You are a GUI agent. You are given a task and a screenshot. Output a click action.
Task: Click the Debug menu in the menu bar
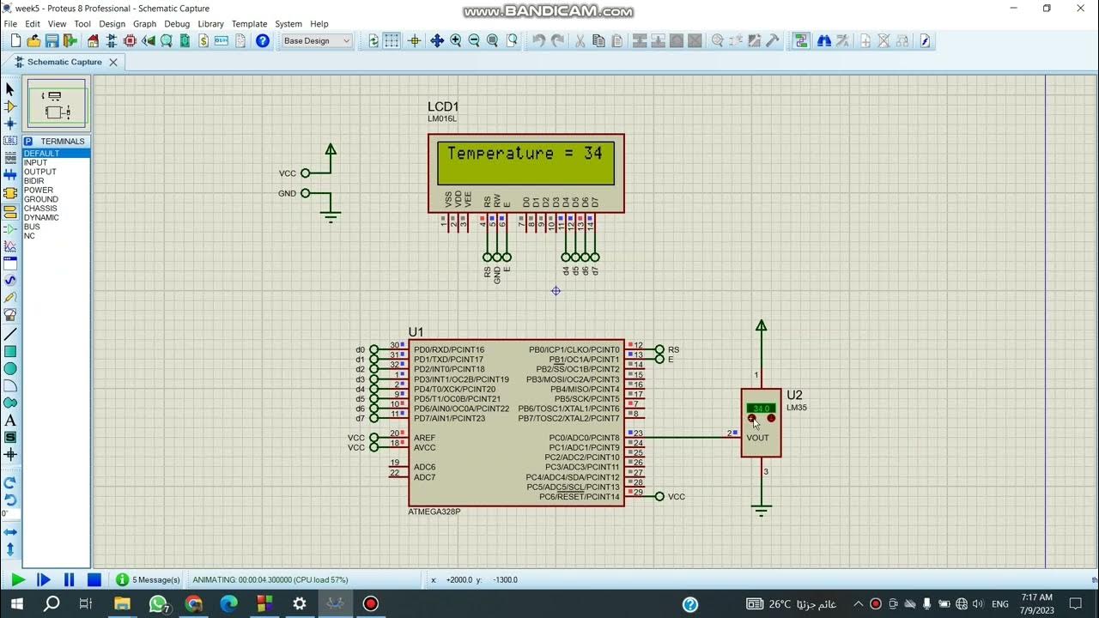[x=177, y=24]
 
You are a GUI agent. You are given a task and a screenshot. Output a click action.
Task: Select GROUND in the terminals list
[x=40, y=199]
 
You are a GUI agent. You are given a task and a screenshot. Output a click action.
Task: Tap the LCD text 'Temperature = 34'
[x=525, y=154]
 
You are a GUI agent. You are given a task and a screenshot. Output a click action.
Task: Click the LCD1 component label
[x=443, y=106]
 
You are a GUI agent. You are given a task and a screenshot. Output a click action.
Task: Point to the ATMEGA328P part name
[x=434, y=512]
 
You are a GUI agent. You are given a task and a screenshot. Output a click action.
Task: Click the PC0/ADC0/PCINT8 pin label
[x=584, y=438]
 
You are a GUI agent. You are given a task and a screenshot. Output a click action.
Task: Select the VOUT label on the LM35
[x=758, y=438]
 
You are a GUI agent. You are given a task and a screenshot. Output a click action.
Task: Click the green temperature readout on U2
[x=761, y=408]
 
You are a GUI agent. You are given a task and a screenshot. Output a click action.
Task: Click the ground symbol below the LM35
[x=761, y=510]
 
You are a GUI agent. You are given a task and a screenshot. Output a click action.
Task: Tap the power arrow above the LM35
[x=761, y=325]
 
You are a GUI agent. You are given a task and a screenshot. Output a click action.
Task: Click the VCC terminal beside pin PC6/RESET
[x=659, y=496]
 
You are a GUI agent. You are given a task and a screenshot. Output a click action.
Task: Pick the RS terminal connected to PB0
[x=659, y=349]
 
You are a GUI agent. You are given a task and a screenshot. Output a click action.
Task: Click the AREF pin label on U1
[x=424, y=438]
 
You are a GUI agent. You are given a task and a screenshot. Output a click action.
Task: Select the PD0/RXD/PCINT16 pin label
[x=448, y=350]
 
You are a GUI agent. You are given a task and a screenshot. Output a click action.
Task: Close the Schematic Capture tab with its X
[x=112, y=62]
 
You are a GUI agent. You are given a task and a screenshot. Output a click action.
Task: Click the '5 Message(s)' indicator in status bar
[x=148, y=580]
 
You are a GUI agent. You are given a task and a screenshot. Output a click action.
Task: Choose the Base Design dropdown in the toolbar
[x=316, y=40]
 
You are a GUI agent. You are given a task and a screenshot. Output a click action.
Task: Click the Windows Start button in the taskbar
[x=16, y=604]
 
